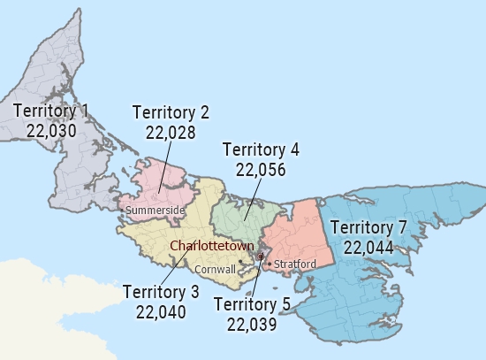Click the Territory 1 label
(x=51, y=111)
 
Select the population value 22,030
(x=51, y=130)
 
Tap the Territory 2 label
(x=171, y=112)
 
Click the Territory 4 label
(x=261, y=149)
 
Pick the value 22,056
(x=261, y=169)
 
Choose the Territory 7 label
(x=368, y=228)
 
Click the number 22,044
(x=368, y=247)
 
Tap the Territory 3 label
(x=161, y=292)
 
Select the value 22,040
(x=161, y=311)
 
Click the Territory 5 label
(x=252, y=305)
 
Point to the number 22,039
(x=252, y=325)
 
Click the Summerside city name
(x=156, y=210)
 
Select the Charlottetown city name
(x=212, y=245)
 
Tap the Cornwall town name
(x=215, y=268)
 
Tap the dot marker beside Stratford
(x=269, y=264)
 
